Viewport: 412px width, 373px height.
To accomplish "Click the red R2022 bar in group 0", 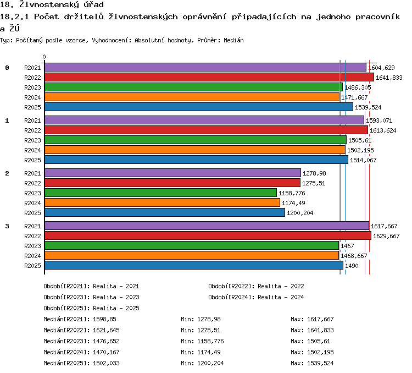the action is pyautogui.click(x=209, y=78).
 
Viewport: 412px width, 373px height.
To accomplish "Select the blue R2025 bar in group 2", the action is pyautogui.click(x=165, y=212).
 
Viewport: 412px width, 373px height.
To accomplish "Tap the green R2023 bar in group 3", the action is pyautogui.click(x=192, y=245).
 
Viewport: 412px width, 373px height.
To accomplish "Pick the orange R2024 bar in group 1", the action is pyautogui.click(x=195, y=150).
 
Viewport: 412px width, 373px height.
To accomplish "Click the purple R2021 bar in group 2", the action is pyautogui.click(x=172, y=173).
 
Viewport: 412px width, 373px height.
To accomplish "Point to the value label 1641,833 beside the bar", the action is pyautogui.click(x=389, y=78).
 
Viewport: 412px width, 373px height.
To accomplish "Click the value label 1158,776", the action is pyautogui.click(x=292, y=193).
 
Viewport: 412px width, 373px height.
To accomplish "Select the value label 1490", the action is pyautogui.click(x=352, y=266).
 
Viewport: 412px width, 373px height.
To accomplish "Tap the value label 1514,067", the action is pyautogui.click(x=363, y=160).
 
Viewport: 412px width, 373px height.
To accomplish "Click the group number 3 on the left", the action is pyautogui.click(x=7, y=226).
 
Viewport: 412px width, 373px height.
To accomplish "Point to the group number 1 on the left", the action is pyautogui.click(x=7, y=120).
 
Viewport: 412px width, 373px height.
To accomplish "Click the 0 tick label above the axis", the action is pyautogui.click(x=44, y=57).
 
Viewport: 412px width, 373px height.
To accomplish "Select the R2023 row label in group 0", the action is pyautogui.click(x=32, y=87).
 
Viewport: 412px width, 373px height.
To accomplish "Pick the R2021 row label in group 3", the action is pyautogui.click(x=32, y=226).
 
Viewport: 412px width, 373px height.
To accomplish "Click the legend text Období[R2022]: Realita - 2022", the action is pyautogui.click(x=256, y=286).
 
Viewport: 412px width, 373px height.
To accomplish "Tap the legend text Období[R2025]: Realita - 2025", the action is pyautogui.click(x=91, y=308).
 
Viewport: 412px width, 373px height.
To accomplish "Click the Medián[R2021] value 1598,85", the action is pyautogui.click(x=104, y=319).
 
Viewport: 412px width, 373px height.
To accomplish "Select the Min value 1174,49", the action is pyautogui.click(x=209, y=352).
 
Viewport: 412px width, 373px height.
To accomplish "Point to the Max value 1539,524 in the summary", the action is pyautogui.click(x=320, y=363).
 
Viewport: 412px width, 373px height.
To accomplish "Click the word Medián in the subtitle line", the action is pyautogui.click(x=233, y=40).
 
